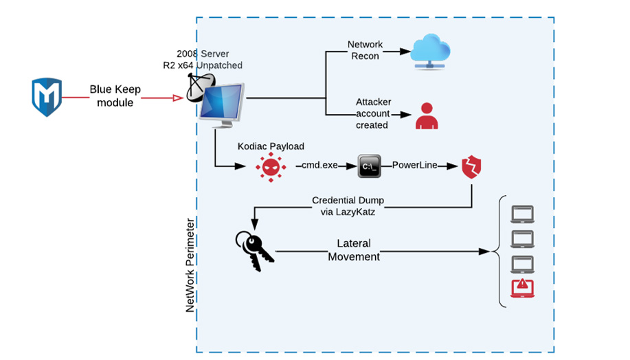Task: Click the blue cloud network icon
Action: [431, 52]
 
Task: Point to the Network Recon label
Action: [365, 50]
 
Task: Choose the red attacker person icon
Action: [427, 116]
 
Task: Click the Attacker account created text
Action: [373, 113]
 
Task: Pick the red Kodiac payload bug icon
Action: [269, 166]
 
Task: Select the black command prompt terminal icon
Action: [369, 166]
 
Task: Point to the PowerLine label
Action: [415, 166]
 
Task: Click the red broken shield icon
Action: [471, 166]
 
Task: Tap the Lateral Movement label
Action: [354, 250]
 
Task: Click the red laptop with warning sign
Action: [522, 289]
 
